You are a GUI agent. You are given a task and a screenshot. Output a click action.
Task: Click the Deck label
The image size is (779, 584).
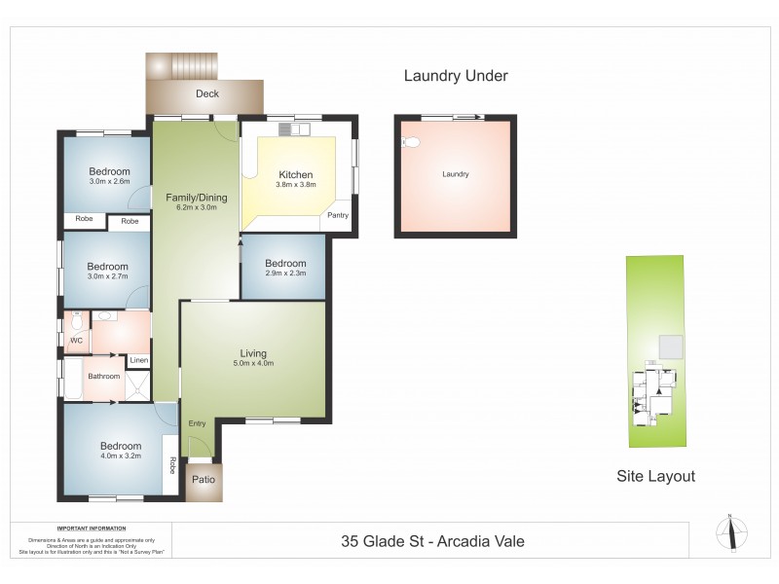click(206, 94)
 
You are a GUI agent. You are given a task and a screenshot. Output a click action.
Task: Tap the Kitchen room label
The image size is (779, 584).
click(295, 175)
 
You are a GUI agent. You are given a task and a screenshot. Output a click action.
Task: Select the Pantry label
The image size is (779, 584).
click(338, 215)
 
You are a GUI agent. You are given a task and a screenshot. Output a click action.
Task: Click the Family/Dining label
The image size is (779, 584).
click(196, 198)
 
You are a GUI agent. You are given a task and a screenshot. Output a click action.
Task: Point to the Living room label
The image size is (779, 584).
click(253, 353)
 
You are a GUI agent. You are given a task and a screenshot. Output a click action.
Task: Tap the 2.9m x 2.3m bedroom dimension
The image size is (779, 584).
click(285, 274)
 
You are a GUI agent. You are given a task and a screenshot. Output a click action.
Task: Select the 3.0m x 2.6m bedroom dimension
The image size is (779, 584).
click(108, 181)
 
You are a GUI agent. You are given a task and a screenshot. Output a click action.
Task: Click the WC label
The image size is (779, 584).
click(76, 342)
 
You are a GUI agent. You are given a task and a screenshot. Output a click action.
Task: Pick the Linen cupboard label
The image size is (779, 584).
click(138, 360)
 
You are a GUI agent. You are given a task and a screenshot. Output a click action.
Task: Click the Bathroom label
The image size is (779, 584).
click(104, 377)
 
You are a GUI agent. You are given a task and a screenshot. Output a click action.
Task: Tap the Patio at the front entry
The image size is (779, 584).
click(204, 480)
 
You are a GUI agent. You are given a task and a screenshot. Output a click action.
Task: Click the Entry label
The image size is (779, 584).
click(198, 423)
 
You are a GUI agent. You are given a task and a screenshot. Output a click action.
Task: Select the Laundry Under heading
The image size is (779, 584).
click(456, 76)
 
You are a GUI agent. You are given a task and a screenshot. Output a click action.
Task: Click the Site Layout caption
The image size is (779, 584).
click(656, 476)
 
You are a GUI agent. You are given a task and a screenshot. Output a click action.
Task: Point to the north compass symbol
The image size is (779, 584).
click(731, 531)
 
